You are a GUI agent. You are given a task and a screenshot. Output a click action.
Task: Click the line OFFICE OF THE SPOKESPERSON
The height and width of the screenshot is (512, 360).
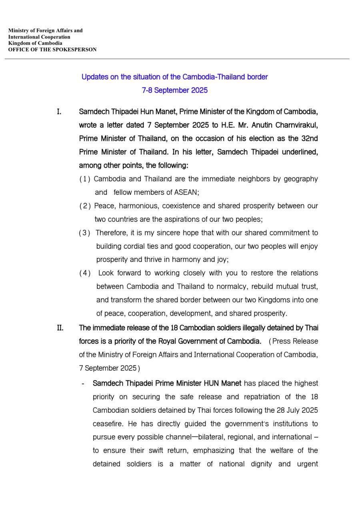(52, 50)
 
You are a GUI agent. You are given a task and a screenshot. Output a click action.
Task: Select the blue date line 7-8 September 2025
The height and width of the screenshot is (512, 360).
(175, 90)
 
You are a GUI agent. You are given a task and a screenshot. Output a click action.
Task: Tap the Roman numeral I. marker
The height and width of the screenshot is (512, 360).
(59, 111)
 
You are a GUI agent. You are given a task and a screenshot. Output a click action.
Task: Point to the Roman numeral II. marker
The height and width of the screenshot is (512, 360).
(60, 328)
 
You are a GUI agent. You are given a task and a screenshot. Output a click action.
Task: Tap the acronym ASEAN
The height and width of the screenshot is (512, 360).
(186, 192)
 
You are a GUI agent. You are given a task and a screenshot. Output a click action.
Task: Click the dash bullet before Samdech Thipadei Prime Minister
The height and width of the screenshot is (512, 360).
(82, 384)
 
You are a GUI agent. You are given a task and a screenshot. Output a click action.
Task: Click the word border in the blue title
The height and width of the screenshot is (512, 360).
(257, 77)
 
